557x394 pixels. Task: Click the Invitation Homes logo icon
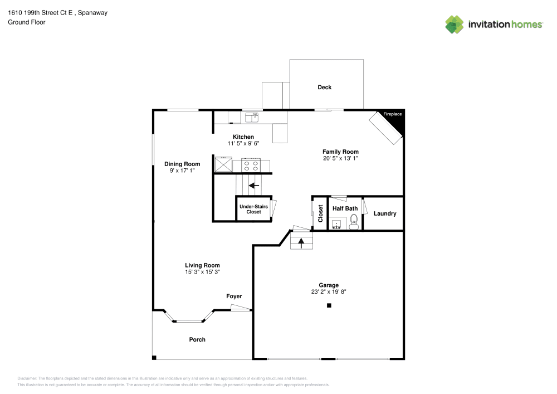click(x=455, y=24)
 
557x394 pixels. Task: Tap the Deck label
click(x=324, y=87)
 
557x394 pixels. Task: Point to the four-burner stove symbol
click(x=251, y=166)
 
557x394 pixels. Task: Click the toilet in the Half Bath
click(x=353, y=224)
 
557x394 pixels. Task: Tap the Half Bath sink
click(x=336, y=225)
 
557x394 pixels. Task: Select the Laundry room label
click(x=385, y=213)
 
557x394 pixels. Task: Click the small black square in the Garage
click(x=329, y=305)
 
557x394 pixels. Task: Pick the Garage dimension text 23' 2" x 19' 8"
click(x=329, y=291)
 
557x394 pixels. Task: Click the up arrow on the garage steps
click(x=301, y=242)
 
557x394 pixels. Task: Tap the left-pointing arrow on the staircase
click(x=254, y=186)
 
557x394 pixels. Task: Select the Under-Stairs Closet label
click(x=253, y=209)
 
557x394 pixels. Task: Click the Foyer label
click(x=234, y=296)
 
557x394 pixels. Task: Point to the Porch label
click(x=197, y=339)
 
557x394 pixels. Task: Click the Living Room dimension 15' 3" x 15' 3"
click(x=202, y=272)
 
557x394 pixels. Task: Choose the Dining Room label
click(x=182, y=164)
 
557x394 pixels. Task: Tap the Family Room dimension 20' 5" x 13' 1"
click(x=340, y=158)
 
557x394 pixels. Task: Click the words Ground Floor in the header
click(x=27, y=22)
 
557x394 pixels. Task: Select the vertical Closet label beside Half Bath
click(x=320, y=213)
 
